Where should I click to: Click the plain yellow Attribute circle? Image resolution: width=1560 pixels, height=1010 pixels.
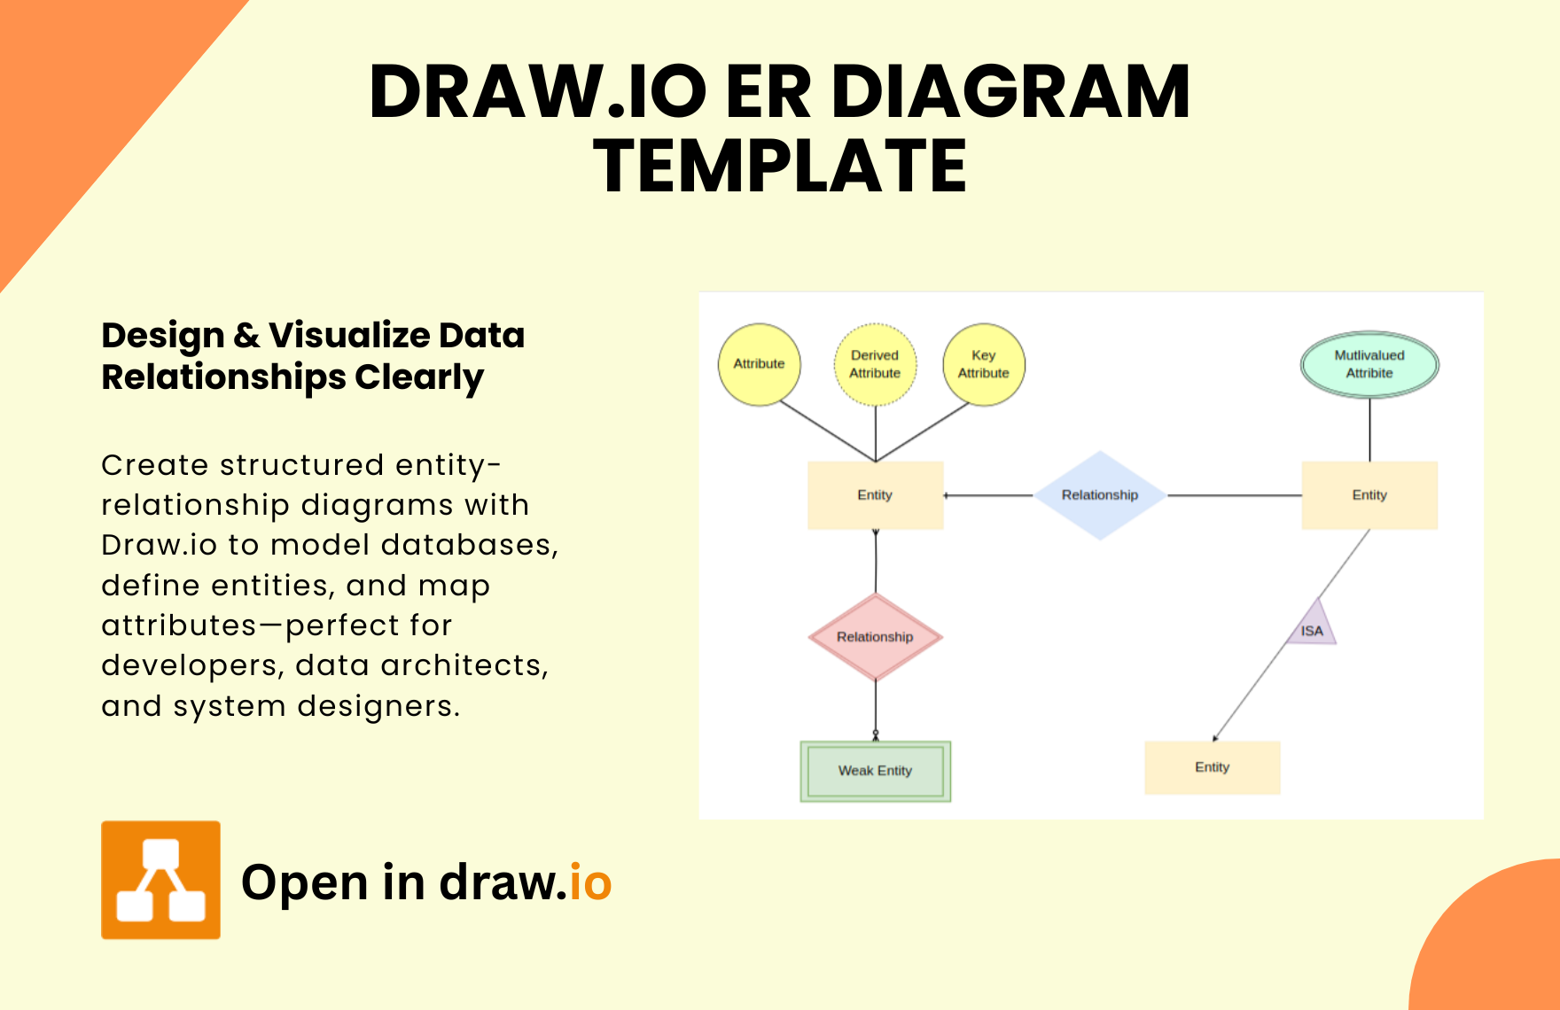coord(759,364)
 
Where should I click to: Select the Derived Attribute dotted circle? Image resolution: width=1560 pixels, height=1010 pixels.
coord(875,364)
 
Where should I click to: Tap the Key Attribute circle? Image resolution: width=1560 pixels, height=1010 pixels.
coord(983,364)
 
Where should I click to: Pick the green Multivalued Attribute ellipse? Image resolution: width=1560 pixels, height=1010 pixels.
coord(1369,364)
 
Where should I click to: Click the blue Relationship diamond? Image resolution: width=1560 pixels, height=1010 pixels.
coord(1100,495)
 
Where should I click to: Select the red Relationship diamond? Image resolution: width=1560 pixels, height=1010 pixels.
coord(875,637)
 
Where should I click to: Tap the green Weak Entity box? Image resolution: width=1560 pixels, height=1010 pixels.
coord(875,771)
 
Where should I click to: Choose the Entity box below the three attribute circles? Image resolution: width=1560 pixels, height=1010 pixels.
coord(875,495)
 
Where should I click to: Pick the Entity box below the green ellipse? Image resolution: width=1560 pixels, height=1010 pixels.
coord(1369,495)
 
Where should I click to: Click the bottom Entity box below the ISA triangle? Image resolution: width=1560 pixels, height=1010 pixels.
coord(1212,767)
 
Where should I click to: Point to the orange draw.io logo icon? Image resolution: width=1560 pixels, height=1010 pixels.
coord(160,880)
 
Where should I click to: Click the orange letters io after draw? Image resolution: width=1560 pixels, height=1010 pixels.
coord(590,882)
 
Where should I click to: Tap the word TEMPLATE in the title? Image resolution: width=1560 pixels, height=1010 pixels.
coord(780,166)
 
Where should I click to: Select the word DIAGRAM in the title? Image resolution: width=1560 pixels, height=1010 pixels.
coord(1010,91)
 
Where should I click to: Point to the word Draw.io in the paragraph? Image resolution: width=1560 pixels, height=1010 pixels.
coord(159,545)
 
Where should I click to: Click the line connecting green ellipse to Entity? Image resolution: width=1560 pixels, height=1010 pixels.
coord(1370,430)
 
